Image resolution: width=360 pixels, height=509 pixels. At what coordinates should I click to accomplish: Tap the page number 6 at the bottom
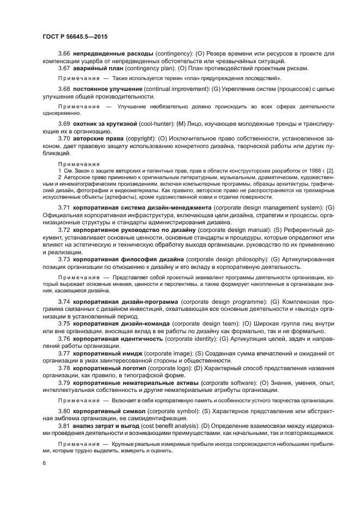[x=44, y=462]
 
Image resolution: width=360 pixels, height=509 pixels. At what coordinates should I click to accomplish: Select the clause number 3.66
[x=64, y=53]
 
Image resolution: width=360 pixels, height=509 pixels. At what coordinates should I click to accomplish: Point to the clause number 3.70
[x=64, y=139]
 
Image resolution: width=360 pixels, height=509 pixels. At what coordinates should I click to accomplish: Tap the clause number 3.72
[x=64, y=230]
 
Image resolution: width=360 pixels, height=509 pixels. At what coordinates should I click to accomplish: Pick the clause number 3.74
[x=64, y=301]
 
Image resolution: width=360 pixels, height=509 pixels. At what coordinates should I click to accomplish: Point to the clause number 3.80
[x=64, y=410]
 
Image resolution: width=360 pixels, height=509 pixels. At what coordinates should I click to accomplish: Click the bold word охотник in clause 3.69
[x=87, y=125]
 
